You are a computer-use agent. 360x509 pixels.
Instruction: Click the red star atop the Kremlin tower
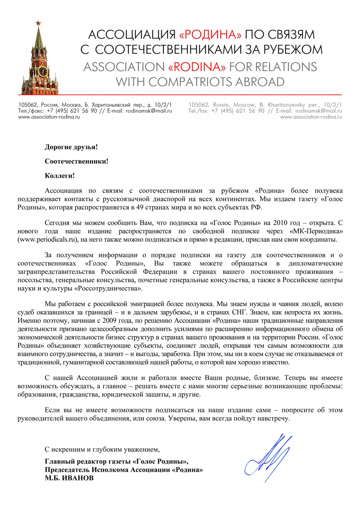[38, 23]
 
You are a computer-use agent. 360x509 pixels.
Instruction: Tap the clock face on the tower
[42, 71]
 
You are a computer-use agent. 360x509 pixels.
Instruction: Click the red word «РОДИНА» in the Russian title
[210, 34]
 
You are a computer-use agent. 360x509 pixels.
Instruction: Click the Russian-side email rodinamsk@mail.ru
[149, 111]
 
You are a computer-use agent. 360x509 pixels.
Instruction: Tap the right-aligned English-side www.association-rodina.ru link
[311, 117]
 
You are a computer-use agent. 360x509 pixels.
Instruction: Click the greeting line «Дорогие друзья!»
[71, 147]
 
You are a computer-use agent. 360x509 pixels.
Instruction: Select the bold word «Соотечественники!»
[76, 161]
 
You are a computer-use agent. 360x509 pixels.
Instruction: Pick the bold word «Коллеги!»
[60, 176]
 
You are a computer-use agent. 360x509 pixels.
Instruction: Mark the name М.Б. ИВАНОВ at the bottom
[69, 478]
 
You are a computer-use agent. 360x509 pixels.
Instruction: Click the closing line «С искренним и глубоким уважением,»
[102, 449]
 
